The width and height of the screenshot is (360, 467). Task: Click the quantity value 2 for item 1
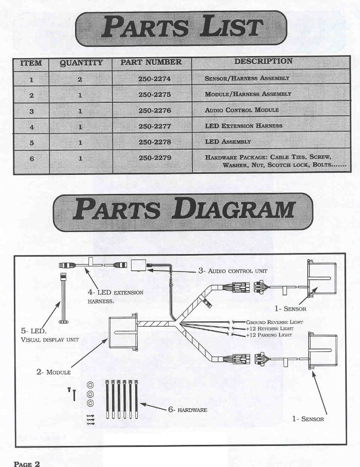pos(79,79)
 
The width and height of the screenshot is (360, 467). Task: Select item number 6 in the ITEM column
pos(31,159)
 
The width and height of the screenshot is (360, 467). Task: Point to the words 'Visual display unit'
pos(45,340)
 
